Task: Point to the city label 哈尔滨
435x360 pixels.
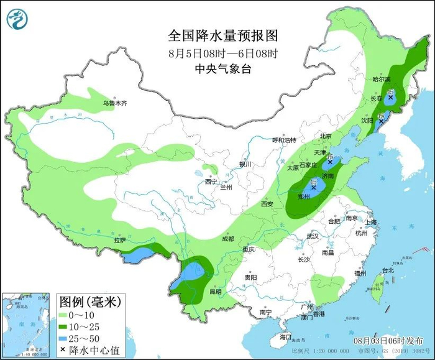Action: (381, 80)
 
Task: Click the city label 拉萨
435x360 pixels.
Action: (119, 240)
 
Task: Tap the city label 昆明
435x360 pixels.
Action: (215, 291)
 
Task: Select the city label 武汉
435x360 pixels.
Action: (312, 236)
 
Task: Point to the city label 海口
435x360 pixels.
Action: (285, 337)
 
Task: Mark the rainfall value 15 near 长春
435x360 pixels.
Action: (390, 93)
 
